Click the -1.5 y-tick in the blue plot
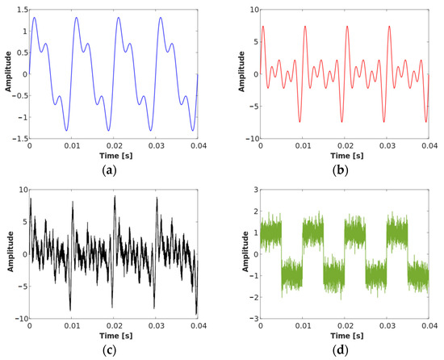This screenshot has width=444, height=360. click(18, 138)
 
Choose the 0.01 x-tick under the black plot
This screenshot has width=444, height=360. click(71, 325)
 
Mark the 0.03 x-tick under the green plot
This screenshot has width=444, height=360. click(387, 325)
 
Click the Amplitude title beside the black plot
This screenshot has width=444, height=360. click(6, 253)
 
